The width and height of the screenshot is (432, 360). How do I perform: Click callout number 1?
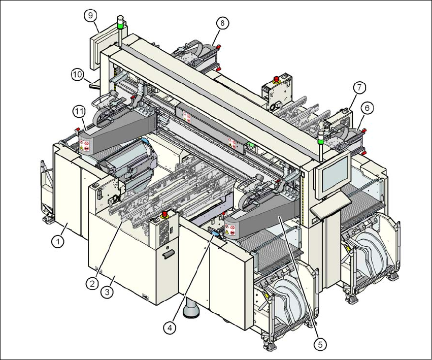pos(59,242)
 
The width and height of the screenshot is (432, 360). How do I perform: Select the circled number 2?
pos(92,284)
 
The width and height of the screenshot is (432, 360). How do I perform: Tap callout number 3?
pos(107,292)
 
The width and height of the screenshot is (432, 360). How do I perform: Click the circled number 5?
pos(319,344)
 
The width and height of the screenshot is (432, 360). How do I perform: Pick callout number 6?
pos(367,107)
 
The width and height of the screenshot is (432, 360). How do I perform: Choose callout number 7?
pos(359,87)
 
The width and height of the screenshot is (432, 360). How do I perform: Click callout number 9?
pos(90,16)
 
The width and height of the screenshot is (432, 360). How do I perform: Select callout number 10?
pos(77,74)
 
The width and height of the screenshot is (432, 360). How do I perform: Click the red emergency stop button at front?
pos(165,215)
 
